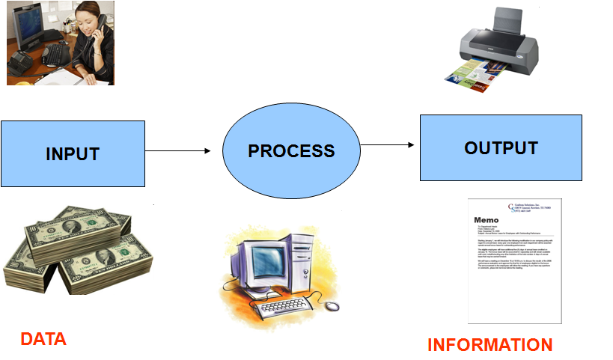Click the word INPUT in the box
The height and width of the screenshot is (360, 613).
point(73,154)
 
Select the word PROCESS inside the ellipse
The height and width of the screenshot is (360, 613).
point(291,150)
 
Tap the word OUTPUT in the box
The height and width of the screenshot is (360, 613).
point(501,147)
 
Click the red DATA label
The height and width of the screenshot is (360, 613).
point(43,339)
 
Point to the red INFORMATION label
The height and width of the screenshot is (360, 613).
point(490,345)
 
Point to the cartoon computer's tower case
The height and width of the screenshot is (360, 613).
point(306,258)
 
